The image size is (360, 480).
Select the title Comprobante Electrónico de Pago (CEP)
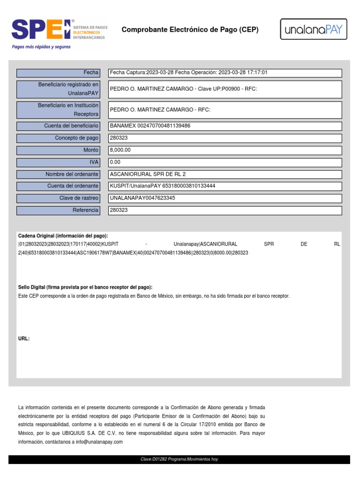190,30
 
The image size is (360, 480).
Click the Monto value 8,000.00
120,150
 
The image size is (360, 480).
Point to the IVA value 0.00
115,162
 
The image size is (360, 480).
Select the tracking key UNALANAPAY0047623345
142,198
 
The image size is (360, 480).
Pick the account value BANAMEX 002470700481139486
150,126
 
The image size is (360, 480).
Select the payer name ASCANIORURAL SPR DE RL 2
148,174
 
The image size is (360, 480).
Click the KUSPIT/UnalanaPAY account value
162,186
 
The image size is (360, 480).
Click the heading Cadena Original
63,236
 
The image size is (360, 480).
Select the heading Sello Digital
85,287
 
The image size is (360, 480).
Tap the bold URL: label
24,338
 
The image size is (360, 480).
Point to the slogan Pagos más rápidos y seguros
41,47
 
